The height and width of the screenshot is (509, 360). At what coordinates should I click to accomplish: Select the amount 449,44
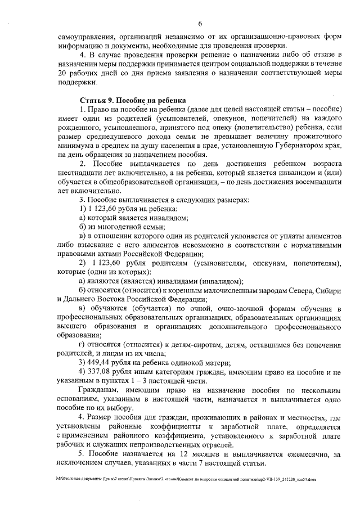99,362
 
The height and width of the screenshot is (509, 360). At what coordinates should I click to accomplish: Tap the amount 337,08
99,371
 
